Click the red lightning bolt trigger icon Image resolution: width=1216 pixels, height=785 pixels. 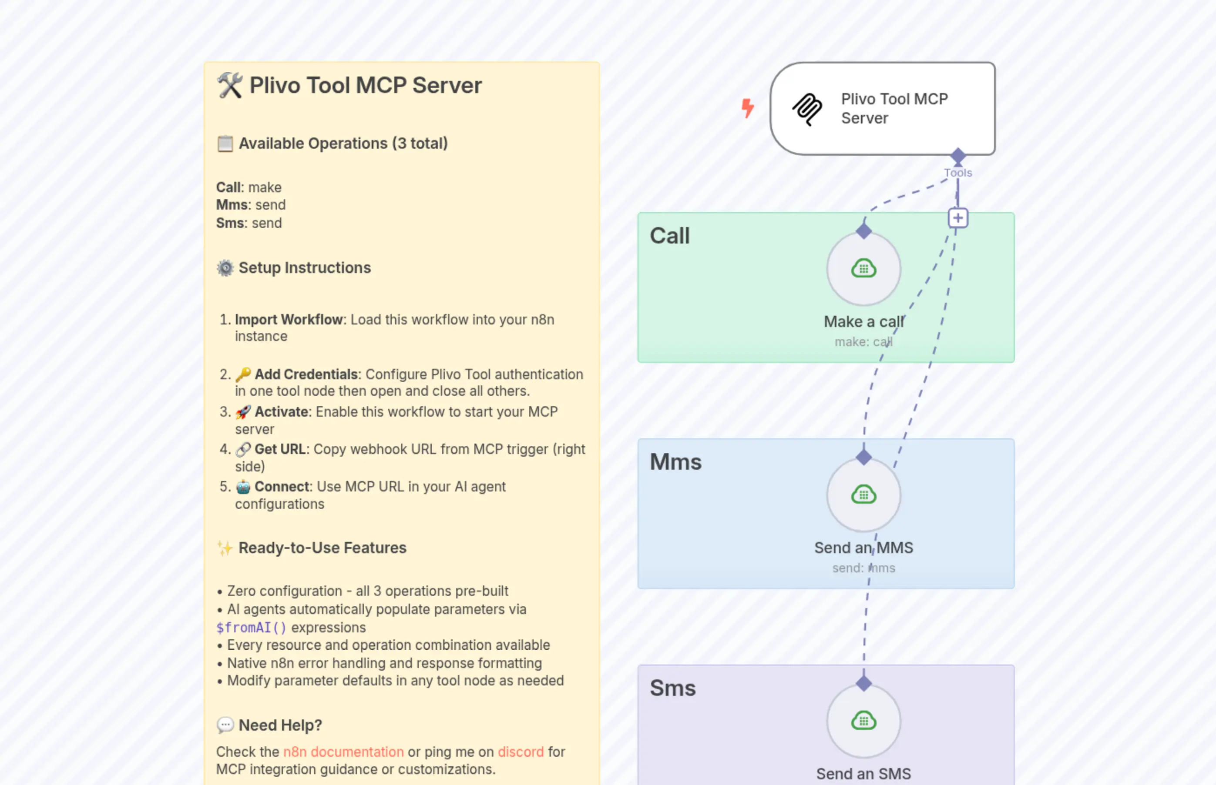(747, 108)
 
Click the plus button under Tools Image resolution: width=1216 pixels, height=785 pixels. (957, 218)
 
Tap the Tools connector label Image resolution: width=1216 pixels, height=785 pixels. (957, 173)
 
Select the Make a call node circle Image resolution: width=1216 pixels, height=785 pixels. (863, 269)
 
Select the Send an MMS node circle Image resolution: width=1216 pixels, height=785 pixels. (863, 495)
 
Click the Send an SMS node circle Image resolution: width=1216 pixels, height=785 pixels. (863, 721)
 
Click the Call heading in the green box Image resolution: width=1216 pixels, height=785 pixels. (669, 236)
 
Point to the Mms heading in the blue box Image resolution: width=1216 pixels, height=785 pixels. (675, 462)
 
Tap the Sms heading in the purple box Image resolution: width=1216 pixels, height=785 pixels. (672, 688)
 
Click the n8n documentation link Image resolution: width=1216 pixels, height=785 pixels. (343, 752)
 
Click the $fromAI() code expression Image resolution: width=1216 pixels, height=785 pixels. (251, 628)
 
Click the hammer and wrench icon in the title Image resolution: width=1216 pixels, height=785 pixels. (229, 85)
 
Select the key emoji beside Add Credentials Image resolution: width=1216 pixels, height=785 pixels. (243, 374)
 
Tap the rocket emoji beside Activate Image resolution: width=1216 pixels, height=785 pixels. (243, 412)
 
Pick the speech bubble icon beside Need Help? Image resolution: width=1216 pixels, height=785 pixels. (225, 725)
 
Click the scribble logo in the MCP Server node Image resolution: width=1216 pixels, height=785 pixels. (807, 109)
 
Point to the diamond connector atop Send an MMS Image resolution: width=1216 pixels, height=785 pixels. (863, 457)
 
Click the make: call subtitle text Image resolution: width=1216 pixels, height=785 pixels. (863, 342)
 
